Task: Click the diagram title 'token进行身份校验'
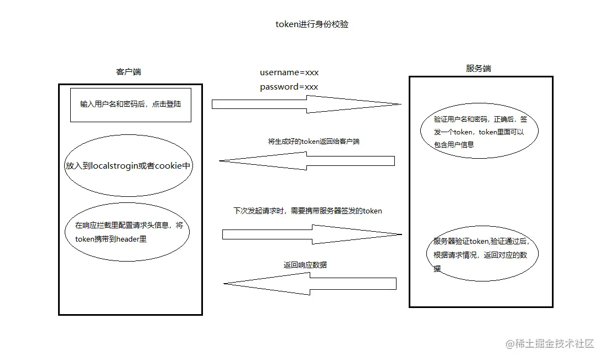(312, 24)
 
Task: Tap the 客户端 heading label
(128, 72)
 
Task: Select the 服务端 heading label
(478, 69)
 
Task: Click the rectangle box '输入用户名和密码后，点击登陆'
(131, 105)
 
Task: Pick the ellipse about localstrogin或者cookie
(128, 166)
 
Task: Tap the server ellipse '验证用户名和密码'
(479, 132)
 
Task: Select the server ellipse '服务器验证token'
(482, 255)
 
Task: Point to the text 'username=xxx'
(289, 72)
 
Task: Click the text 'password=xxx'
(289, 87)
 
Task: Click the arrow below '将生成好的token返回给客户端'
(307, 161)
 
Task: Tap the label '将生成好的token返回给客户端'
(314, 142)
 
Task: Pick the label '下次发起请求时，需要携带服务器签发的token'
(307, 211)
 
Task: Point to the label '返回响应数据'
(305, 265)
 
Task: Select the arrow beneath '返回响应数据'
(310, 284)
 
